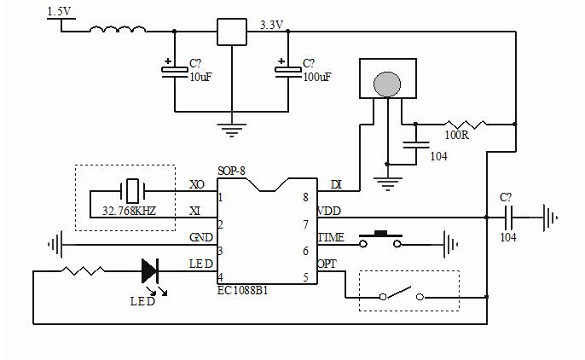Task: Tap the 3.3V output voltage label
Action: (271, 25)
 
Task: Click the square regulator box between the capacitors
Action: (231, 32)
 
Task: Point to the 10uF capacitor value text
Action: (201, 77)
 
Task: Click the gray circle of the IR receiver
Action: (388, 84)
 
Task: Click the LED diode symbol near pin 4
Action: (150, 271)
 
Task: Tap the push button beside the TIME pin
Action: (380, 240)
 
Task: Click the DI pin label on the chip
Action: (335, 184)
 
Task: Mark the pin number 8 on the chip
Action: (304, 198)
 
